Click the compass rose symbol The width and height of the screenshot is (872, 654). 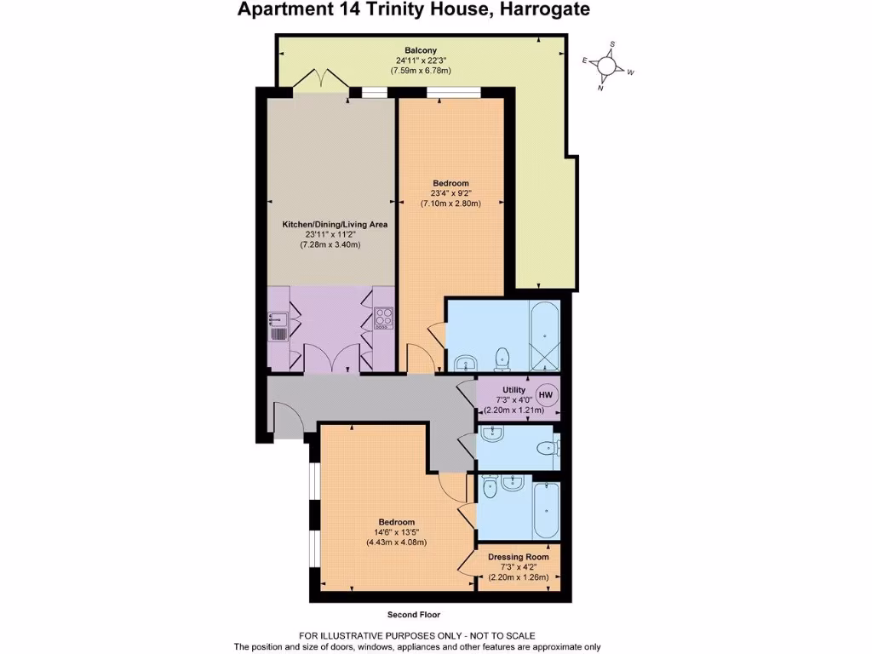607,66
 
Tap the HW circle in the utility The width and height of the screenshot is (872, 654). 546,395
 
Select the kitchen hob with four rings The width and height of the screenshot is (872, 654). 384,318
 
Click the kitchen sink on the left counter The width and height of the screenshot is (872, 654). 278,319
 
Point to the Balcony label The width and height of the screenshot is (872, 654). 421,49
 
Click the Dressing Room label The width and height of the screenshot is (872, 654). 518,557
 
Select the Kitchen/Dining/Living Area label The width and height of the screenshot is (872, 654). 335,225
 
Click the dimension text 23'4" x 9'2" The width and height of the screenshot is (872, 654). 450,193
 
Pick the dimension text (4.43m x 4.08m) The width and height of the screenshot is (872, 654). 396,542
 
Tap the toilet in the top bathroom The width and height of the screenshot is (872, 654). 502,359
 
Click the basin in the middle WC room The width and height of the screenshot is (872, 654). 491,434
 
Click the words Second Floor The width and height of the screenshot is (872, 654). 413,614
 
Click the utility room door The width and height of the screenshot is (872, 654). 467,393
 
